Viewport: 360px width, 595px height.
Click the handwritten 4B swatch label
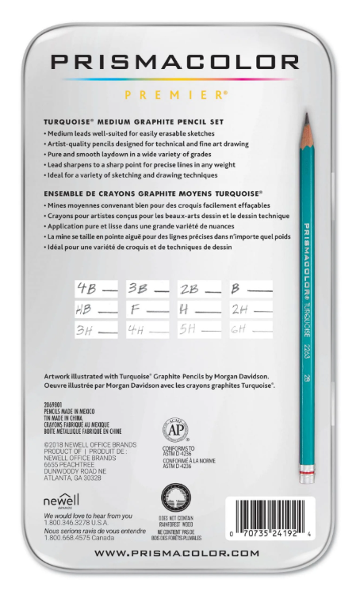85,289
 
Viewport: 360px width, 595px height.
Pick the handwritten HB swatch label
85,309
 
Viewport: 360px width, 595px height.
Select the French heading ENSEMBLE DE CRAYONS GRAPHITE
153,193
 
